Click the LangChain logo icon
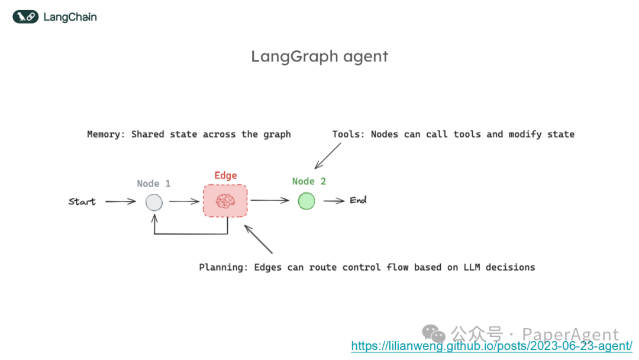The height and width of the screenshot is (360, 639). [x=25, y=17]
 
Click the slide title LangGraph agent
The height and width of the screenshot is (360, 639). [x=319, y=56]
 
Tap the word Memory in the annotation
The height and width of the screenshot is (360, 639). [x=104, y=134]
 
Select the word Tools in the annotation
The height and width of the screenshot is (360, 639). [x=347, y=134]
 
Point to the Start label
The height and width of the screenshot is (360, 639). [x=82, y=202]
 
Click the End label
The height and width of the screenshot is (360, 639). [x=358, y=200]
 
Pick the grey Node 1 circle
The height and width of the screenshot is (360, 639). [x=154, y=202]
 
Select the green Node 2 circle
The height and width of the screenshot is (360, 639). [x=306, y=201]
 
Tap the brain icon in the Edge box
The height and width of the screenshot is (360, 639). [x=225, y=202]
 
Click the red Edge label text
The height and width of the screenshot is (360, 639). [x=225, y=175]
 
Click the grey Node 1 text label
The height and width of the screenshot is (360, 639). [x=154, y=184]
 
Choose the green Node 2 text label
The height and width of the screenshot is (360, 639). [x=309, y=181]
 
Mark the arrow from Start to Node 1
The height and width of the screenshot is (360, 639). [x=121, y=202]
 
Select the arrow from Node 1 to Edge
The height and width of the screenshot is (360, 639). [x=184, y=202]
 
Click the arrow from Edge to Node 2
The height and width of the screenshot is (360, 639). [x=270, y=201]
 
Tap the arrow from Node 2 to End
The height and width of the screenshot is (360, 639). [x=334, y=201]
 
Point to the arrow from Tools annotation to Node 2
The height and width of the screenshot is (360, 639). [x=328, y=155]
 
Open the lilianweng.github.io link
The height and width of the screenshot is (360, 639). [x=492, y=346]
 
